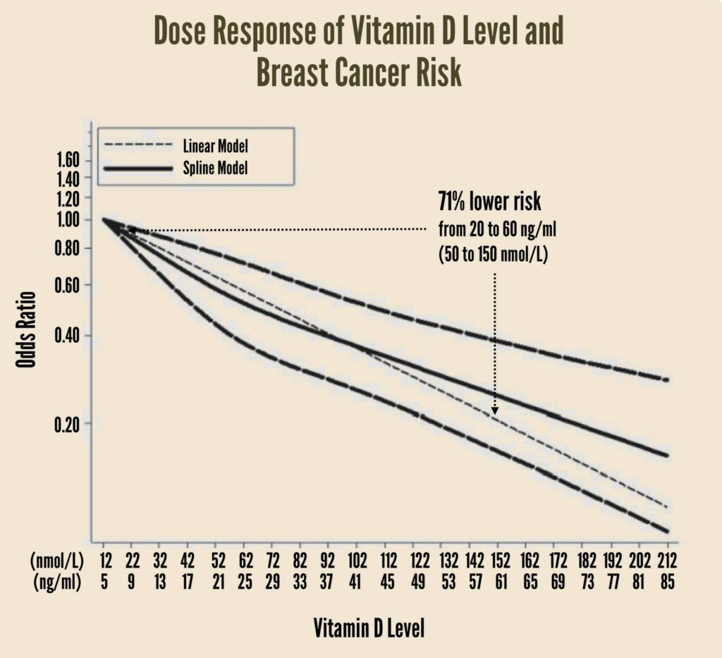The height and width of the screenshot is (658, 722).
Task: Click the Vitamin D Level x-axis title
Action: point(369,628)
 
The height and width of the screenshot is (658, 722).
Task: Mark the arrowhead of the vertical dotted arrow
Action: point(495,410)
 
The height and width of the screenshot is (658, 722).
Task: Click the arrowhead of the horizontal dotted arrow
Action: point(131,230)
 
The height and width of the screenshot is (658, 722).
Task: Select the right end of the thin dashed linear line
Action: point(666,506)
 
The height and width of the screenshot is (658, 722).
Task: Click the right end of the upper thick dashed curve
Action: point(666,379)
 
